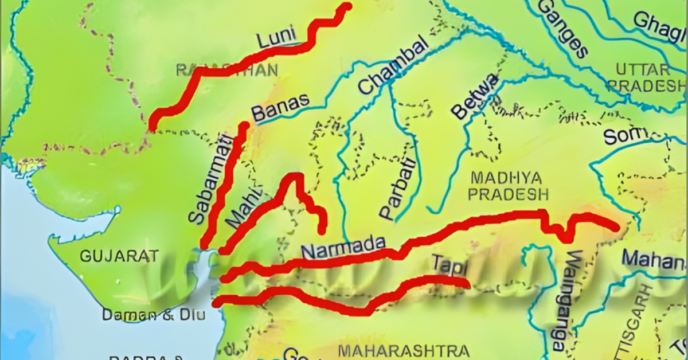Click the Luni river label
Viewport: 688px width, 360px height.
(276, 39)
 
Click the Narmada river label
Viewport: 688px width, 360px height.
(343, 248)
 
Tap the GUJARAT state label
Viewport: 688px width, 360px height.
(119, 256)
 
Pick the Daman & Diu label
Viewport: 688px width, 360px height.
(154, 315)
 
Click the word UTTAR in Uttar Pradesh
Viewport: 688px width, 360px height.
(643, 70)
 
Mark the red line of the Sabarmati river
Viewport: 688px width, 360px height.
(224, 189)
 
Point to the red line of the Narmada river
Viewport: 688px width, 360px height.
(459, 226)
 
